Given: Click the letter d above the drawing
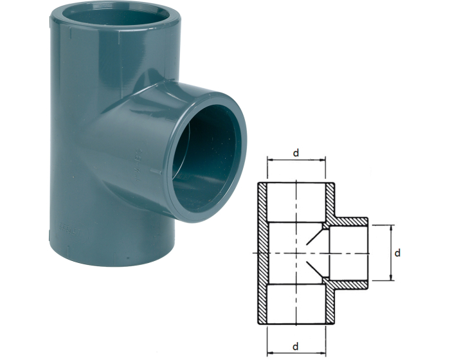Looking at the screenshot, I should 296,153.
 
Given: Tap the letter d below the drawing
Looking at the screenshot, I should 296,346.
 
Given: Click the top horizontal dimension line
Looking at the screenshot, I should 296,160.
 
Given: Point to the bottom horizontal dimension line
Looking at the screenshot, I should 296,352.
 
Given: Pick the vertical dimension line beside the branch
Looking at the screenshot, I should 391,253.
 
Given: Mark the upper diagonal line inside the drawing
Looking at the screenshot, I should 316,237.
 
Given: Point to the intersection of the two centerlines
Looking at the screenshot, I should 296,253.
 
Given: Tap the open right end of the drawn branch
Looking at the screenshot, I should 368,253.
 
